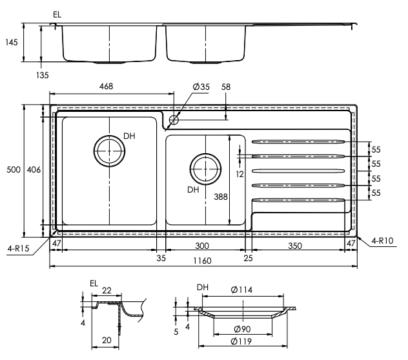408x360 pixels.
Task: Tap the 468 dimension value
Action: (107, 87)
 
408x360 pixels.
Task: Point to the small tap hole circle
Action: (174, 119)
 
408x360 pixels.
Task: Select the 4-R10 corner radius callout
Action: (383, 241)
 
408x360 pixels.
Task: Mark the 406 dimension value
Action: (35, 170)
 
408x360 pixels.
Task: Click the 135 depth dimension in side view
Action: (43, 75)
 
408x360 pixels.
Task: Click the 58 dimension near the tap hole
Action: (226, 87)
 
